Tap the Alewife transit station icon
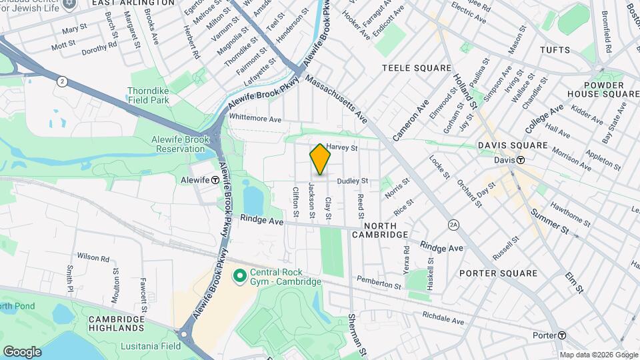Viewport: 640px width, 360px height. (216, 180)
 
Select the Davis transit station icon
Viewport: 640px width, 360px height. (521, 160)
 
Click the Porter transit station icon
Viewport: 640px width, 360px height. (563, 335)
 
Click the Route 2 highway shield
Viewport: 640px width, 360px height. (62, 81)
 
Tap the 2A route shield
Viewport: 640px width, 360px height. (454, 224)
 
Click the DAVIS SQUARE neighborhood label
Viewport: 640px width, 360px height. (513, 145)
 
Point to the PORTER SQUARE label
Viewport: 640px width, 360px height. (498, 273)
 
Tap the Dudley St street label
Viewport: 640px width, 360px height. (353, 181)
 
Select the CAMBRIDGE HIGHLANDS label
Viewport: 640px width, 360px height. (117, 325)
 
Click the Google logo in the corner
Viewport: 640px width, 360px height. (22, 351)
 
